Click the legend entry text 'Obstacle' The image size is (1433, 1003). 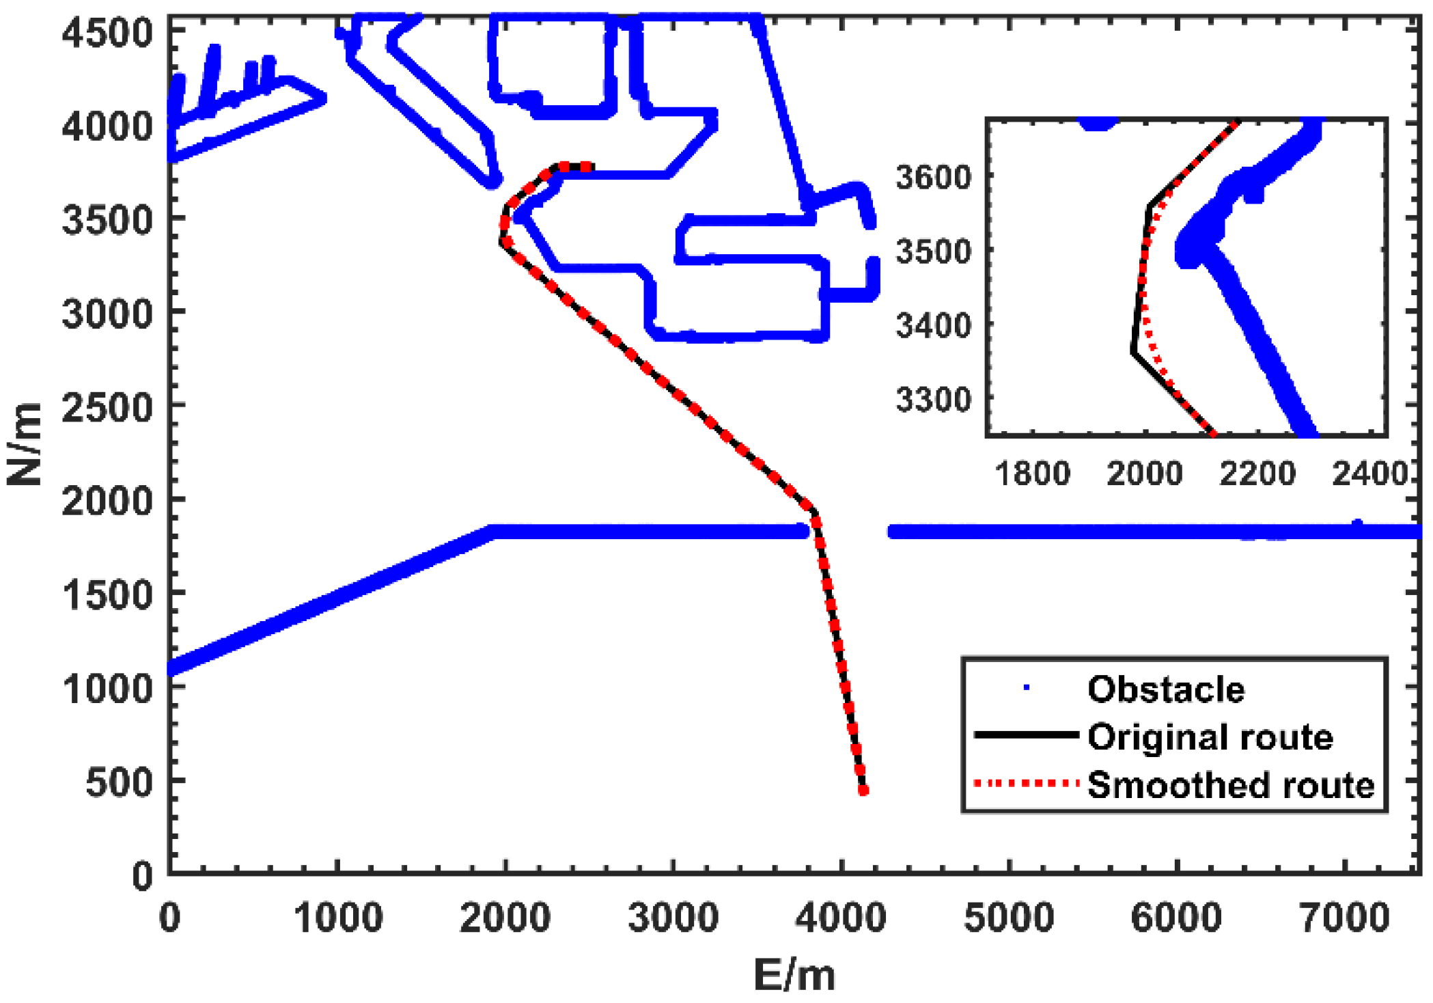click(x=1165, y=689)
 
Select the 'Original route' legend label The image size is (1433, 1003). click(x=1210, y=737)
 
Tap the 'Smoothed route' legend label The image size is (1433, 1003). click(x=1230, y=785)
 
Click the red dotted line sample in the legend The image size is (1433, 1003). click(x=1026, y=783)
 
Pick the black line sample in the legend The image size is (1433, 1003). click(x=1026, y=735)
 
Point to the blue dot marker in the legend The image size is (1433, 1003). click(x=1026, y=687)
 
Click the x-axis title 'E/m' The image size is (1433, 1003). click(x=794, y=975)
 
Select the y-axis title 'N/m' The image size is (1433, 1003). click(x=25, y=444)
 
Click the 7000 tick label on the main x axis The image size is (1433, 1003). click(x=1344, y=918)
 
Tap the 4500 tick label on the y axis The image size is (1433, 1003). click(x=107, y=32)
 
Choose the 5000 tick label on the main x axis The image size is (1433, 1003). click(x=1008, y=918)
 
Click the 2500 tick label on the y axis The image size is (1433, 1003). click(x=107, y=408)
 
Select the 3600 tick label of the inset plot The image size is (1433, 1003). click(x=933, y=178)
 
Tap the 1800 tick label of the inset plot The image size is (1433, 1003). click(x=1032, y=473)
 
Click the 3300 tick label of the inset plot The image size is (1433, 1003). click(x=933, y=400)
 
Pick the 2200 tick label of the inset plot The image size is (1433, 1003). click(x=1257, y=473)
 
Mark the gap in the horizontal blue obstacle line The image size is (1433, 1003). click(x=848, y=532)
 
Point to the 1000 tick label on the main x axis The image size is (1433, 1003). click(x=338, y=918)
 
